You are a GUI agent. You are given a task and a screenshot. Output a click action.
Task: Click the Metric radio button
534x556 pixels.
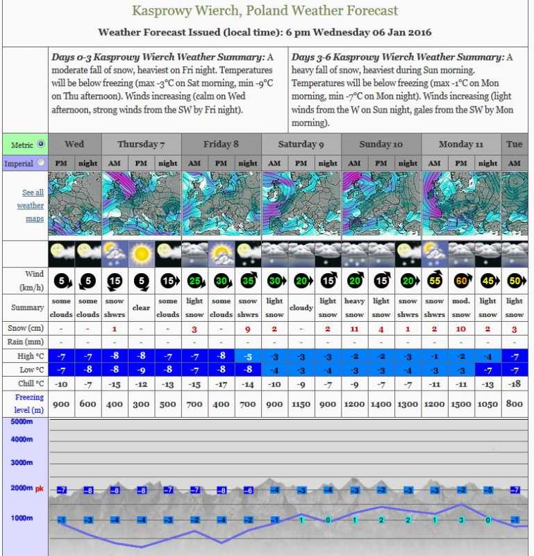pos(41,144)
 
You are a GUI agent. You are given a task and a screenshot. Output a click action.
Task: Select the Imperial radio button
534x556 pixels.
pos(41,163)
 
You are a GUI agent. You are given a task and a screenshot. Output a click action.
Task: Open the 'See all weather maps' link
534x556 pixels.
pos(33,206)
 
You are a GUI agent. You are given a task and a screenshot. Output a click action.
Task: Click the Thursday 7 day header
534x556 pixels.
pos(141,144)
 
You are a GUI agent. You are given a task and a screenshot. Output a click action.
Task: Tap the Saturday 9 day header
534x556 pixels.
pos(301,144)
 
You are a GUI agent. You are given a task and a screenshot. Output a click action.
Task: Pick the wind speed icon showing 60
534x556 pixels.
pos(461,281)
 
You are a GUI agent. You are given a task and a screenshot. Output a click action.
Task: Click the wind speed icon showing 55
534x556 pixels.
pos(435,281)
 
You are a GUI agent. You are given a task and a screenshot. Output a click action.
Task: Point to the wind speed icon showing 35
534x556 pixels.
pos(248,281)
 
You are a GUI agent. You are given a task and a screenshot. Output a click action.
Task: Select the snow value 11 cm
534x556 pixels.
pos(355,328)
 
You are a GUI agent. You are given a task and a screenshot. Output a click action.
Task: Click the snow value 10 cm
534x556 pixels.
pos(461,328)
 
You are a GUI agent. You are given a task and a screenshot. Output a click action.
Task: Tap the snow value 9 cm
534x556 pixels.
pos(248,328)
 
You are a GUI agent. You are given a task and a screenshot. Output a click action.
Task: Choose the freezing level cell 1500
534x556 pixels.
pos(461,403)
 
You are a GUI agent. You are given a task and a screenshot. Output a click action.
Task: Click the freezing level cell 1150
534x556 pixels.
pos(301,403)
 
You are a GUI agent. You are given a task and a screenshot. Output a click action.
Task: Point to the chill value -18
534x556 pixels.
pos(515,383)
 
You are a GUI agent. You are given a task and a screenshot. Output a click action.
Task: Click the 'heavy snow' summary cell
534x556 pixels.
pos(355,306)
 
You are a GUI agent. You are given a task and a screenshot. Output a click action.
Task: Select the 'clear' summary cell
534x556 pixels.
pos(141,306)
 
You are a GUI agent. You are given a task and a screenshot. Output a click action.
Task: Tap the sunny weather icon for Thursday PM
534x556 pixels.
pos(141,254)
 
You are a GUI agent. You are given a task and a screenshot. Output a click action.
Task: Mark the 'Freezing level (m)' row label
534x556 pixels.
pos(25,403)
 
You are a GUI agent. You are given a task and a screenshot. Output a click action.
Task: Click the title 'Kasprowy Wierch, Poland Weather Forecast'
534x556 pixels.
pos(265,11)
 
